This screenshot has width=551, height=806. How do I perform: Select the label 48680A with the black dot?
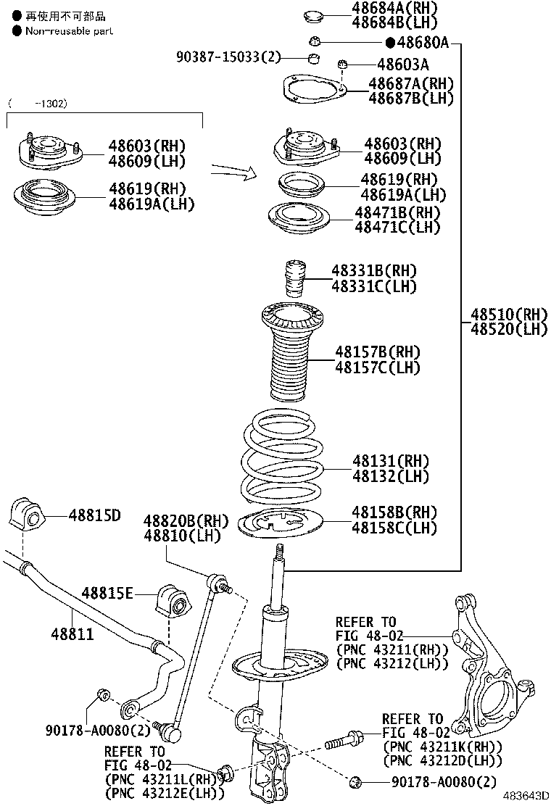(418, 43)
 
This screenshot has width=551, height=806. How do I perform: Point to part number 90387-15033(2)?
(227, 57)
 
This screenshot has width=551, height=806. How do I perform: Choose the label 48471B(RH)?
(397, 212)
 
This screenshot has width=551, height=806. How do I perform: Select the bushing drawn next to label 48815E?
(172, 598)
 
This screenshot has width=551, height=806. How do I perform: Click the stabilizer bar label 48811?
(72, 634)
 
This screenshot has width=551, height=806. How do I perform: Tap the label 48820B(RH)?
(186, 521)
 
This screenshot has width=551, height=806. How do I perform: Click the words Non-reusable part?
(69, 31)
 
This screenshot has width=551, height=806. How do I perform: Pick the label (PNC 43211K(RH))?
(443, 747)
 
